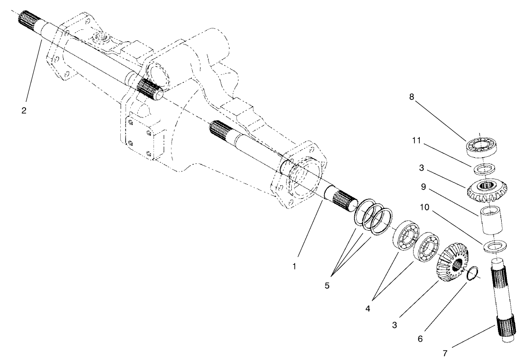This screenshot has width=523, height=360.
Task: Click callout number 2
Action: (x=24, y=110)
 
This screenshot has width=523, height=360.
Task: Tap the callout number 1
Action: (x=294, y=266)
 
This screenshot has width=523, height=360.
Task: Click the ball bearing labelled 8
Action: (x=482, y=146)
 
